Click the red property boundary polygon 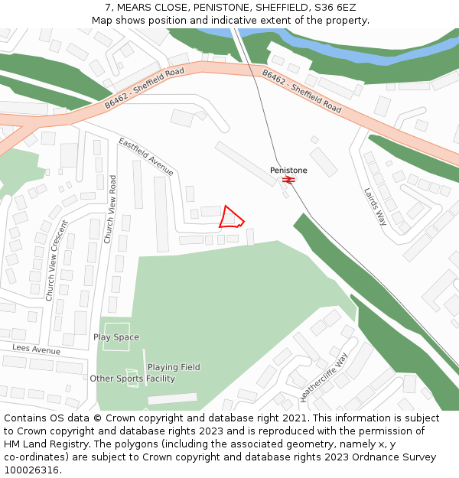pyautogui.click(x=230, y=218)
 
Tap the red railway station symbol pyautogui.click(x=288, y=180)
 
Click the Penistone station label pyautogui.click(x=288, y=170)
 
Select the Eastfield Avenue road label pyautogui.click(x=146, y=157)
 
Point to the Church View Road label pyautogui.click(x=111, y=210)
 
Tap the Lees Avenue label pyautogui.click(x=36, y=350)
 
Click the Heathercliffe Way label pyautogui.click(x=324, y=377)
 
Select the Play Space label pyautogui.click(x=116, y=337)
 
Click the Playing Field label pyautogui.click(x=174, y=367)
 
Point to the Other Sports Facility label pyautogui.click(x=132, y=379)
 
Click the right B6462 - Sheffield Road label pyautogui.click(x=301, y=91)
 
